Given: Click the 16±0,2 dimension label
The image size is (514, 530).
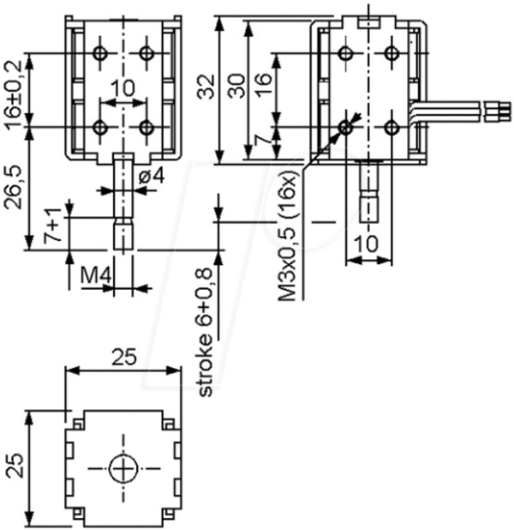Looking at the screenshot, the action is (14, 94).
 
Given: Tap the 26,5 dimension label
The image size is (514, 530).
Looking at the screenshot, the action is (14, 188).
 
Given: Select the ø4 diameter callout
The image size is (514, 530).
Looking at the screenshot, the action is (152, 176).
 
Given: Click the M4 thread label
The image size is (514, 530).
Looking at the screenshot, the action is (96, 276).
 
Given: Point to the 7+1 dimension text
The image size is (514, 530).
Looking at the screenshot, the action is (53, 225).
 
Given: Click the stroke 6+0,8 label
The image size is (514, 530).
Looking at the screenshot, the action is (205, 332).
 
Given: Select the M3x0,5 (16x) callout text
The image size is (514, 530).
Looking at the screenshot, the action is (287, 236).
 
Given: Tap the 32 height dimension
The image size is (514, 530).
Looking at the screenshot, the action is (206, 87).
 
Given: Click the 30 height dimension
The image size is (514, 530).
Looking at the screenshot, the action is (236, 87).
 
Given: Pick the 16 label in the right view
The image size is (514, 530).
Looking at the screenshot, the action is (264, 86).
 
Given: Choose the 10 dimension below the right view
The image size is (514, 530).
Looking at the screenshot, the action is (367, 244).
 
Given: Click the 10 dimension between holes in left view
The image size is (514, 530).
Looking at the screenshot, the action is (123, 88).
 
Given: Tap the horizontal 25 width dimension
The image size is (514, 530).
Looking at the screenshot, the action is (124, 357).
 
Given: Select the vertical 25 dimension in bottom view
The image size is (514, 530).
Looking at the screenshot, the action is (15, 465).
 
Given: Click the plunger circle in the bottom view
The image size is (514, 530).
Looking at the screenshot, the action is (123, 469).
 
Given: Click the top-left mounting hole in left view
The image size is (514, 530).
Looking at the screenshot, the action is (99, 53).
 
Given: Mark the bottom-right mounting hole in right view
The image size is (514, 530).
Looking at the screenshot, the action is (391, 128).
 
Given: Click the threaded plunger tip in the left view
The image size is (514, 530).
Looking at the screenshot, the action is (123, 234).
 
